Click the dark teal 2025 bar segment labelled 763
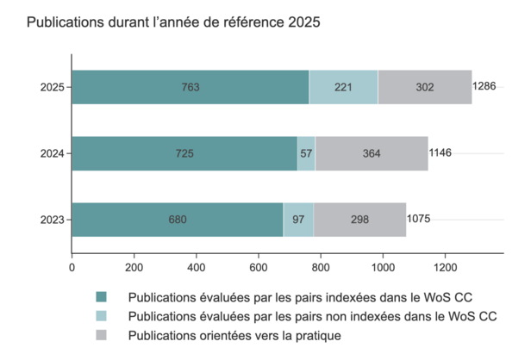tap(191, 87)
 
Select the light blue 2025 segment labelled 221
tap(343, 87)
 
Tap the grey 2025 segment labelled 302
tap(424, 87)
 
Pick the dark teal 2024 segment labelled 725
tap(184, 153)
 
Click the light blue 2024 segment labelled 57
tap(306, 153)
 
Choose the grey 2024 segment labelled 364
tap(372, 153)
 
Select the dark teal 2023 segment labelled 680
tap(178, 220)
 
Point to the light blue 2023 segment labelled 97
tap(298, 220)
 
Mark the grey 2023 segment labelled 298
tap(359, 220)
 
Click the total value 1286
tap(485, 87)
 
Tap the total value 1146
tap(440, 153)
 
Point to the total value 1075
tap(419, 220)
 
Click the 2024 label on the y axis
tap(53, 153)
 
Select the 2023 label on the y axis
tap(53, 220)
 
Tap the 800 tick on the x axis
tap(320, 268)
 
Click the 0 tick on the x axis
tap(72, 268)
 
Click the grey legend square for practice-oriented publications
tap(102, 335)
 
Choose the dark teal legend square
tap(102, 297)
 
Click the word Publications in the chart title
tap(64, 22)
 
